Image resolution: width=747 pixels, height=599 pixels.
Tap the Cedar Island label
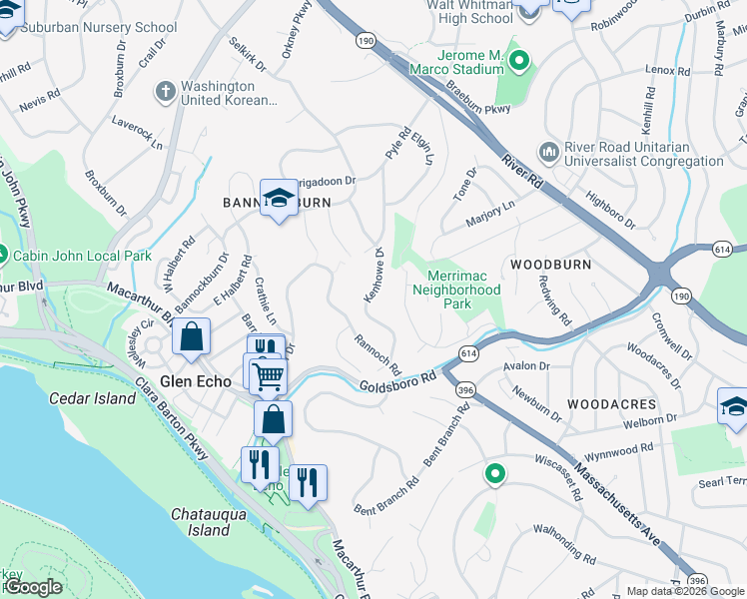click(92, 398)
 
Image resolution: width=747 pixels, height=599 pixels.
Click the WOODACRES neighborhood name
click(611, 404)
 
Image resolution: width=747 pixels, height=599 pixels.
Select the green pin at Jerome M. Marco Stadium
click(519, 62)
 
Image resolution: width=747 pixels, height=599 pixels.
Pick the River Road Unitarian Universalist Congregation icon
click(548, 152)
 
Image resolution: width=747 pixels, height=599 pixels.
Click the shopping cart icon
click(267, 376)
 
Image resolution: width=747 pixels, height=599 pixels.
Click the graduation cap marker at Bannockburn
click(280, 198)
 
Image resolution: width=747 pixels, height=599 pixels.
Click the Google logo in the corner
click(33, 587)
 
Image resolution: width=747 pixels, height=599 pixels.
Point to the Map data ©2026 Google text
click(685, 591)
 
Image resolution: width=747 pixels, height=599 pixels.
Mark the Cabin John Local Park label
click(82, 256)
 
